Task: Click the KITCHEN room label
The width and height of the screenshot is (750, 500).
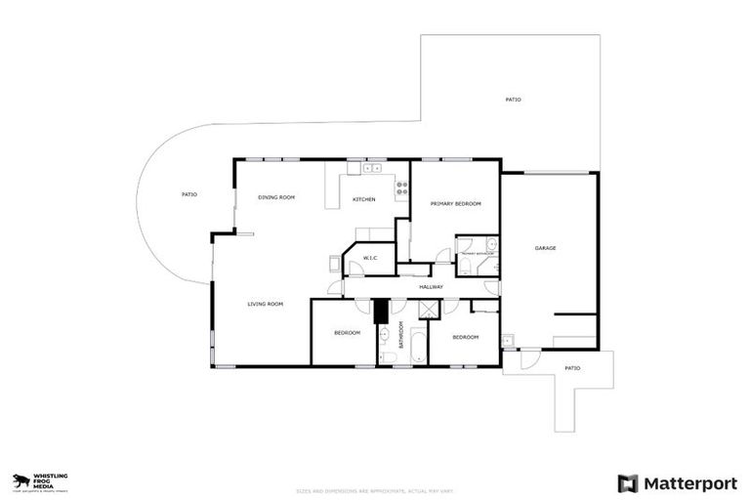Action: (363, 200)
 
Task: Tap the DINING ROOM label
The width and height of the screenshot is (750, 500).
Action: (276, 197)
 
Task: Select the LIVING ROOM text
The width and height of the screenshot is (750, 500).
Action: (265, 304)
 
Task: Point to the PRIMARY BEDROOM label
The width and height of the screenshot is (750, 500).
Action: (456, 203)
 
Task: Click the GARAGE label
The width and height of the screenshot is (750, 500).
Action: (545, 248)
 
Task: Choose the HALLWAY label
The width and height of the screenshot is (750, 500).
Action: (431, 287)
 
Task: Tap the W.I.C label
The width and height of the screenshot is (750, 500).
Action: (370, 259)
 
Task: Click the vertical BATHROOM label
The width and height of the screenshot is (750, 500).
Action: (400, 333)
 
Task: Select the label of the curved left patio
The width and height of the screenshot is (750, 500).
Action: (189, 194)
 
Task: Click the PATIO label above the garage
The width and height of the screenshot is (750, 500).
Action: (513, 100)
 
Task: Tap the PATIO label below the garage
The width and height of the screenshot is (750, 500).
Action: (572, 368)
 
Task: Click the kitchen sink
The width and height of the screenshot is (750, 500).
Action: (372, 168)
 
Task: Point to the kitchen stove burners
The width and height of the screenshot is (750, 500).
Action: (401, 187)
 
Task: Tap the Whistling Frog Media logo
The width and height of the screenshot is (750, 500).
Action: (40, 479)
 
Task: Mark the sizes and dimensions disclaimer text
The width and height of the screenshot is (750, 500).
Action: (375, 491)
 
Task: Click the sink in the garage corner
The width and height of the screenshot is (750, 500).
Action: (508, 340)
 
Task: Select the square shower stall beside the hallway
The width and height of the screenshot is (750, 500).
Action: (429, 309)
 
